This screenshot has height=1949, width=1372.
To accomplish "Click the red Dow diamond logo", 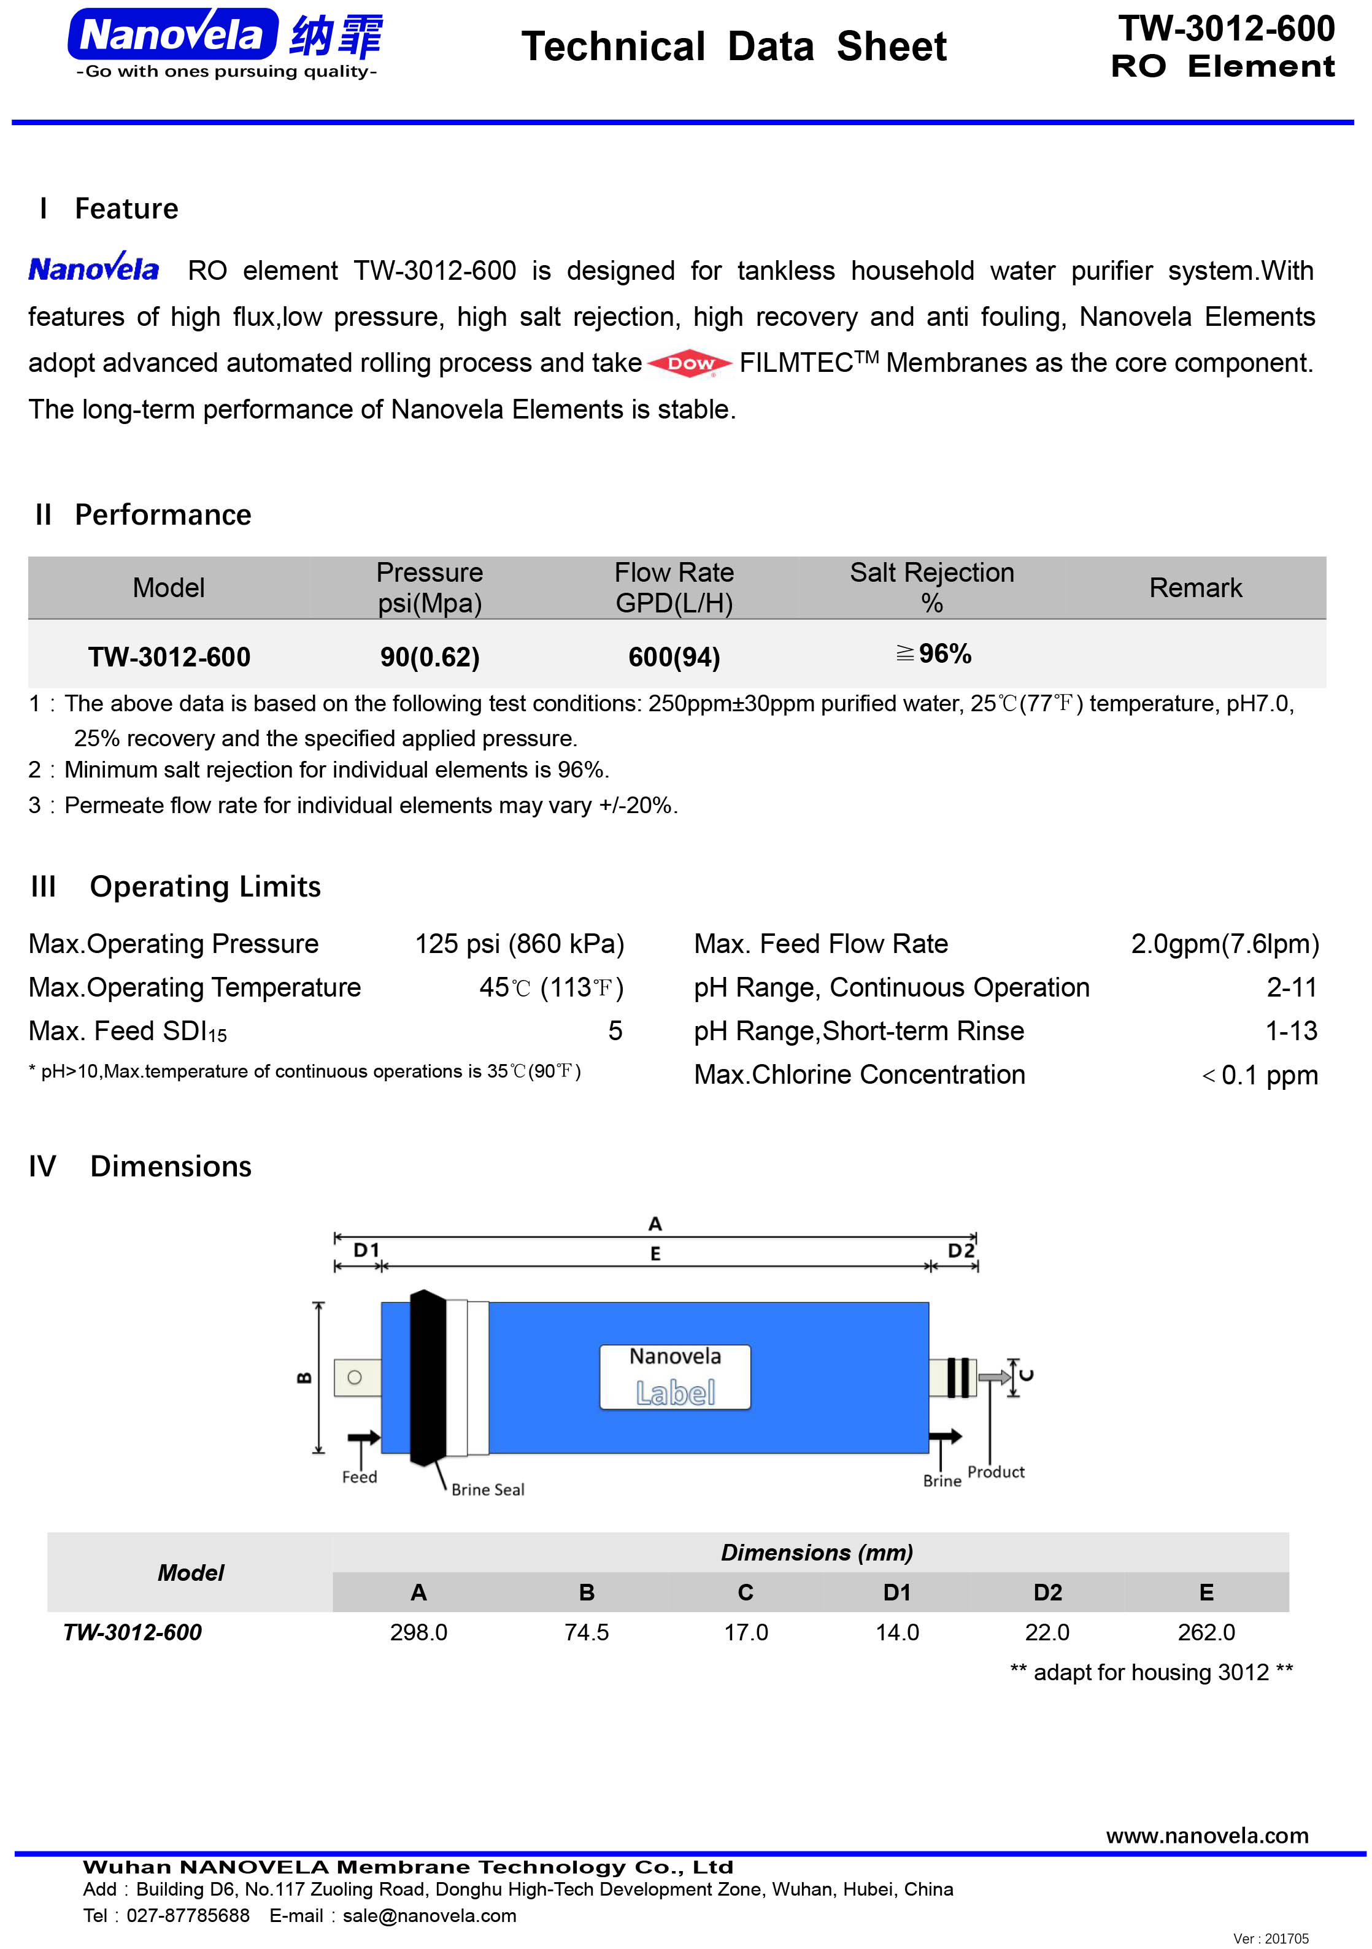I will click(690, 363).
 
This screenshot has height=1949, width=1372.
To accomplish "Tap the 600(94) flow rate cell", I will click(674, 657).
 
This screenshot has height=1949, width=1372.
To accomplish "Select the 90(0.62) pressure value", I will click(430, 657).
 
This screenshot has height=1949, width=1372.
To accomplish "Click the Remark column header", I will click(1195, 587).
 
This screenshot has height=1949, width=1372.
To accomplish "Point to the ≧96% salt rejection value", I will click(933, 654).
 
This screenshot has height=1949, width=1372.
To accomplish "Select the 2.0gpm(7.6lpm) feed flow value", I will click(1224, 944).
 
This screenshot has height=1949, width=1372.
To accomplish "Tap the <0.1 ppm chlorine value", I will click(1260, 1076).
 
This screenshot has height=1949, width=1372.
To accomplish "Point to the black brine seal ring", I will click(427, 1377).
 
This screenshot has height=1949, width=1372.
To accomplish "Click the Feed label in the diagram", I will click(359, 1477).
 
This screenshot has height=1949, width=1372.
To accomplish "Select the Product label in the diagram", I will click(996, 1472).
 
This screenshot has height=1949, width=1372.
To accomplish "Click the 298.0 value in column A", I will click(418, 1632).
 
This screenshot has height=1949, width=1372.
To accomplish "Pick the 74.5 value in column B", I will click(587, 1632).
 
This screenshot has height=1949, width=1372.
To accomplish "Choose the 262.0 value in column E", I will click(1206, 1632).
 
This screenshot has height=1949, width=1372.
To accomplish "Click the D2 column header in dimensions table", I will click(1047, 1592).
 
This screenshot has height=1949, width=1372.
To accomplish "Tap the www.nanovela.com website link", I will click(1206, 1836).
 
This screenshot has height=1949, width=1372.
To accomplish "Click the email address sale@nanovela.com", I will click(430, 1916).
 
